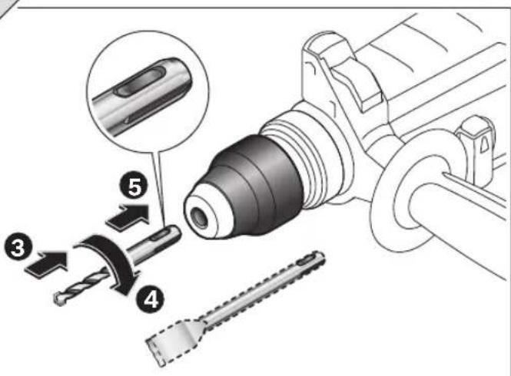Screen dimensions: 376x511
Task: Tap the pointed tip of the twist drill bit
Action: coord(57,296)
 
